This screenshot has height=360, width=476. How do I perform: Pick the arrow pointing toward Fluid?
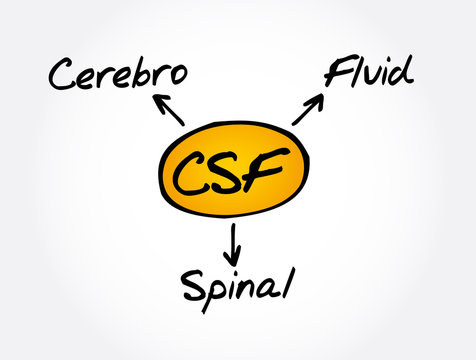coord(308,109)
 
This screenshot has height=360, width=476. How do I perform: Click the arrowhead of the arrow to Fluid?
coord(321,97)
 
